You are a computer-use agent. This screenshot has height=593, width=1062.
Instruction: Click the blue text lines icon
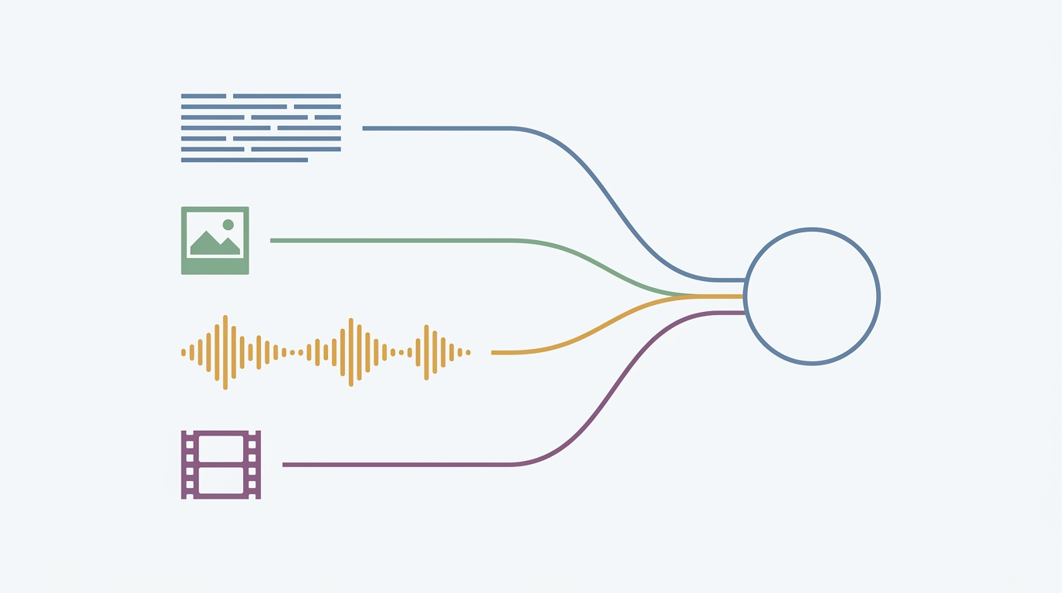point(261,127)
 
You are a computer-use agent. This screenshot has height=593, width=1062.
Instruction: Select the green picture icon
point(215,240)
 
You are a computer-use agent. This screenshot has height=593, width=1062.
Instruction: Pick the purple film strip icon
point(221,464)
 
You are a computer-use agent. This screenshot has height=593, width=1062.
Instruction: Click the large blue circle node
point(812,296)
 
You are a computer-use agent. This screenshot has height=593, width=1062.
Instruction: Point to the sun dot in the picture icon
point(228,225)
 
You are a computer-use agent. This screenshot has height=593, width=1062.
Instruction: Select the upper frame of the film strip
point(221,449)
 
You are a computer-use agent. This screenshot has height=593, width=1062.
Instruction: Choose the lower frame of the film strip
point(221,480)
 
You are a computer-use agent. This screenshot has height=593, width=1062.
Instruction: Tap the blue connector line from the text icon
point(432,128)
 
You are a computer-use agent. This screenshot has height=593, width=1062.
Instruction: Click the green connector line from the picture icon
point(386,241)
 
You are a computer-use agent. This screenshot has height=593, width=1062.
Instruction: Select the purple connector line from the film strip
point(386,465)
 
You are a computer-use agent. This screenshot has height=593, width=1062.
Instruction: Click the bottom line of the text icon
point(244,160)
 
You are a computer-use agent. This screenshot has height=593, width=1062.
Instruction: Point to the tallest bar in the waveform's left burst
point(225,352)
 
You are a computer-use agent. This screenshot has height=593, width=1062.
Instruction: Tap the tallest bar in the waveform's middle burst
point(351,352)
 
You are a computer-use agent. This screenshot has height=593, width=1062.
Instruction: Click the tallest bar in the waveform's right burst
point(426,352)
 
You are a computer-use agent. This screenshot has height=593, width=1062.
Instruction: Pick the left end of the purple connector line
point(284,465)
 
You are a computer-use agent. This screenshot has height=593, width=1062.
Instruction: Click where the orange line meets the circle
point(744,296)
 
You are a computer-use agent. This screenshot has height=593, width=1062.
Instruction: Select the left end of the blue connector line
point(364,128)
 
